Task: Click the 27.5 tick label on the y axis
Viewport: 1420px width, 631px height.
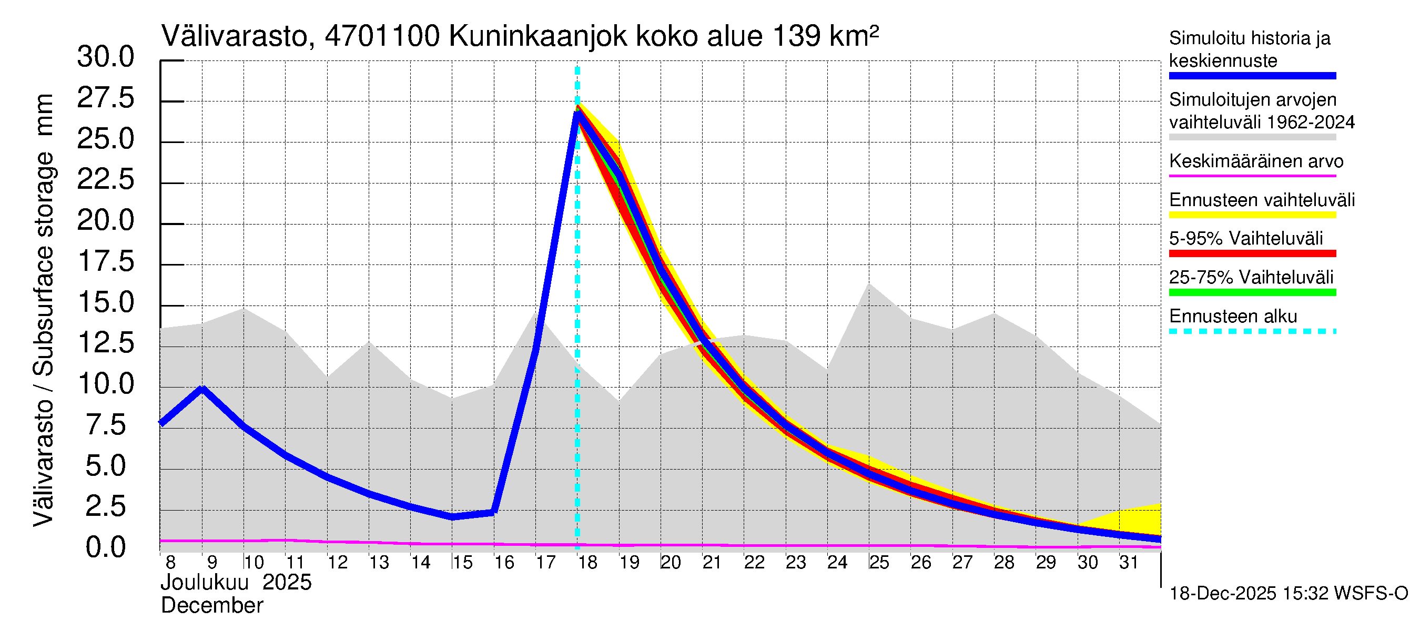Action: click(x=105, y=98)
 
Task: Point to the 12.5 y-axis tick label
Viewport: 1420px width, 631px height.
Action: click(x=105, y=343)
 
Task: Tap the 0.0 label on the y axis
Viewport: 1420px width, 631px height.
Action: click(x=105, y=547)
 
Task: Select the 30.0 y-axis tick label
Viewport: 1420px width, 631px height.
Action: click(x=105, y=57)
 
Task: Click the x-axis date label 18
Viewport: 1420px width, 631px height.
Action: click(x=587, y=562)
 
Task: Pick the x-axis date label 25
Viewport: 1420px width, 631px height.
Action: click(x=879, y=562)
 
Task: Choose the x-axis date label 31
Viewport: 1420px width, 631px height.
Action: click(x=1129, y=562)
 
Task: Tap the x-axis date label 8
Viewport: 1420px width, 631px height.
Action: click(x=170, y=562)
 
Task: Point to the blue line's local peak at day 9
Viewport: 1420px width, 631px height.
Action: click(x=203, y=390)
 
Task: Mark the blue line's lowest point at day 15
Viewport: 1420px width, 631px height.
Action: click(x=452, y=516)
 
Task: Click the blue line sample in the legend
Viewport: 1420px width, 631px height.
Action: click(x=1252, y=76)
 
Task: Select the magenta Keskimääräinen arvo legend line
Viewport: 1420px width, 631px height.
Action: click(x=1252, y=176)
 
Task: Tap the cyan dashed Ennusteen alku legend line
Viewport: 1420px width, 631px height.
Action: click(x=1252, y=331)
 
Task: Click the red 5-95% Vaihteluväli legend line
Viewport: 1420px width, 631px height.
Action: click(x=1252, y=253)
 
